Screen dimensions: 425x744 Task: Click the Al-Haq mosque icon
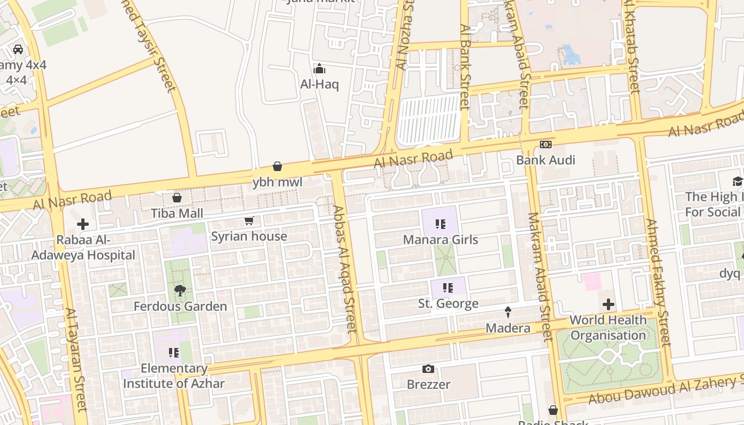pyautogui.click(x=319, y=69)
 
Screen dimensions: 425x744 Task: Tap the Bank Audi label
pyautogui.click(x=545, y=160)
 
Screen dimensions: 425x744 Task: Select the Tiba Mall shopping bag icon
pyautogui.click(x=177, y=198)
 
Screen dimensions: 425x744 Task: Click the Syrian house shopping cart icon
pyautogui.click(x=249, y=220)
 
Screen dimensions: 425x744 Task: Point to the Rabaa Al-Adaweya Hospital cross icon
pyautogui.click(x=82, y=224)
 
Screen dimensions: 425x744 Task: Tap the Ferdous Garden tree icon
pyautogui.click(x=180, y=290)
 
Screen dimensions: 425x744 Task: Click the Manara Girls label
pyautogui.click(x=440, y=240)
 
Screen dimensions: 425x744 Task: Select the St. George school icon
pyautogui.click(x=447, y=288)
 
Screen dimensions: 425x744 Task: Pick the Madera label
pyautogui.click(x=508, y=328)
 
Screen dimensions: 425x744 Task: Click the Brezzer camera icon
pyautogui.click(x=428, y=369)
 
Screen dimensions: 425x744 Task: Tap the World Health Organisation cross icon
pyautogui.click(x=608, y=304)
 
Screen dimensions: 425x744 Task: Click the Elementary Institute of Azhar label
pyautogui.click(x=174, y=376)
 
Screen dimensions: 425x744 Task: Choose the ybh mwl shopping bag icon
pyautogui.click(x=277, y=166)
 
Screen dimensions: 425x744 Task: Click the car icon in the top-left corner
pyautogui.click(x=18, y=49)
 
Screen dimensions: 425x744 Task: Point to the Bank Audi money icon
pyautogui.click(x=545, y=144)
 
